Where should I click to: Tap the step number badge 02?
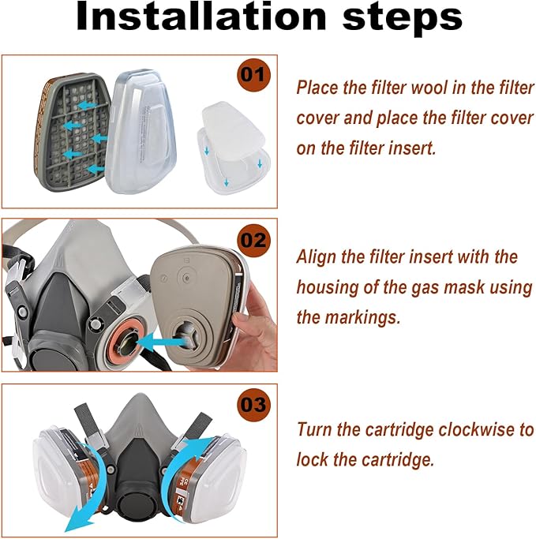click(x=253, y=241)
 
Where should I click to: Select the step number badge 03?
click(x=253, y=405)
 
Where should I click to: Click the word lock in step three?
click(x=312, y=460)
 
